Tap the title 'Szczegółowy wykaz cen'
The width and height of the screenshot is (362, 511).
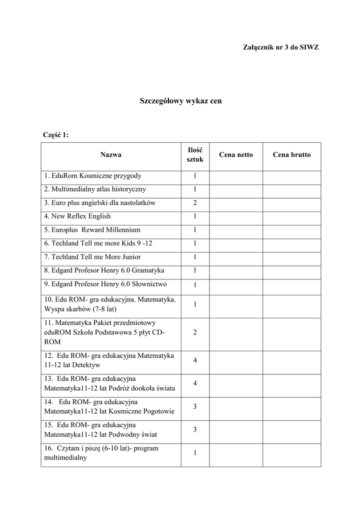(x=181, y=101)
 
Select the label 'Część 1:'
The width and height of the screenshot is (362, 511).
(x=56, y=135)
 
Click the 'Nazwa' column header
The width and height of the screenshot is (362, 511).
(x=111, y=155)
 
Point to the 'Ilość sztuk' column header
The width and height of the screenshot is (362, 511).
(x=195, y=155)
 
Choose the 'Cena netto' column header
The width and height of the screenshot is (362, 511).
(x=236, y=155)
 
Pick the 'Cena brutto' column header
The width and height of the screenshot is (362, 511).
(x=291, y=155)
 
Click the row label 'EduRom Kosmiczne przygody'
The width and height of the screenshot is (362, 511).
(x=93, y=176)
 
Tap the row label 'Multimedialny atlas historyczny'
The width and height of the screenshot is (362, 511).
(x=95, y=189)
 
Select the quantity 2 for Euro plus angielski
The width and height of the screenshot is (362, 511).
(x=195, y=203)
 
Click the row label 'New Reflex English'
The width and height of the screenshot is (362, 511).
(x=77, y=216)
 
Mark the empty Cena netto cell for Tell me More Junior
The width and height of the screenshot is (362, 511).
(x=236, y=257)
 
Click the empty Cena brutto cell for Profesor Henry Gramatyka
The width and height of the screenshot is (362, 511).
(x=291, y=271)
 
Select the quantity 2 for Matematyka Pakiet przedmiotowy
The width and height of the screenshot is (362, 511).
(x=195, y=332)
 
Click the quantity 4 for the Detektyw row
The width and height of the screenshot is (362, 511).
(x=195, y=360)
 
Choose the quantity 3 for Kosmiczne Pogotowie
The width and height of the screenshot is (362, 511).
(x=195, y=407)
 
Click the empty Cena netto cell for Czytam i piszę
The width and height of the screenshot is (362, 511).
(x=236, y=453)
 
